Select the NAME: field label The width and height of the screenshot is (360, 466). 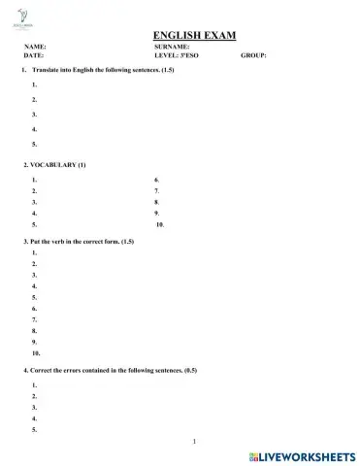click(35, 47)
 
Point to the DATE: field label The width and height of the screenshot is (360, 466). click(34, 56)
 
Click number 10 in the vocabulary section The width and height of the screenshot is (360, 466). click(160, 223)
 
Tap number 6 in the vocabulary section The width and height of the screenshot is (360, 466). click(156, 181)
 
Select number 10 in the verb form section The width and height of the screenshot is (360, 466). click(36, 353)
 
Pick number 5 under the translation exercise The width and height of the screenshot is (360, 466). click(34, 144)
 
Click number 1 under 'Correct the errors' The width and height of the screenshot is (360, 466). click(34, 385)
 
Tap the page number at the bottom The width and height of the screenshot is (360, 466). click(195, 442)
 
